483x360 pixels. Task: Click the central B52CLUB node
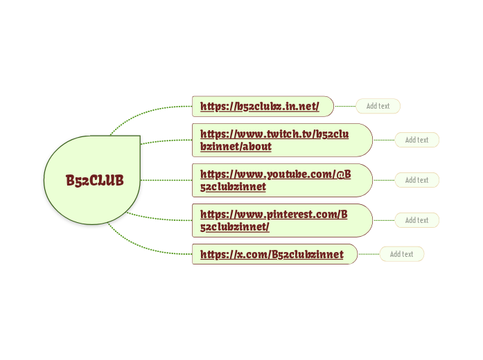(94, 180)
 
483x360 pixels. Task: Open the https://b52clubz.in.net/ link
(260, 107)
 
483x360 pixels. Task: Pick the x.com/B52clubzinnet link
(272, 254)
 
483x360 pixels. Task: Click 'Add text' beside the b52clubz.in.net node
(378, 106)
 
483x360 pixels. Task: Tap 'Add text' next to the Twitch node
(416, 140)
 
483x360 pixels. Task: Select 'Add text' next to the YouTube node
(416, 180)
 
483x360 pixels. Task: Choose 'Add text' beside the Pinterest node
(416, 220)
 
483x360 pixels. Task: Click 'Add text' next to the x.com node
(401, 254)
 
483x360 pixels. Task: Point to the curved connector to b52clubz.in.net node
(146, 111)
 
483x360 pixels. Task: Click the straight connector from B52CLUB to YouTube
(166, 180)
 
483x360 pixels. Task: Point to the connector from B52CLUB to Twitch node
(166, 141)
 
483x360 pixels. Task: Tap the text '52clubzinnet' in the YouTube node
(233, 187)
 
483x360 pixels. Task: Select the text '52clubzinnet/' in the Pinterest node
(235, 227)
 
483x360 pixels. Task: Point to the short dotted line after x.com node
(369, 254)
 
